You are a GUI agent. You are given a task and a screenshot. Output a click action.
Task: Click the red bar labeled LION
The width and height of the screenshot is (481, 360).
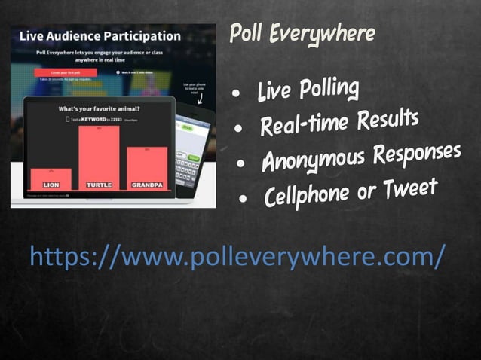coord(51,178)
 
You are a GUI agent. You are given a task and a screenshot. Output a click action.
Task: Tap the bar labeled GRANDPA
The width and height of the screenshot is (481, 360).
coord(146,167)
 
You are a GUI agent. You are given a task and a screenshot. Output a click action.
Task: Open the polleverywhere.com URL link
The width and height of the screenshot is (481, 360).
coord(237,256)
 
